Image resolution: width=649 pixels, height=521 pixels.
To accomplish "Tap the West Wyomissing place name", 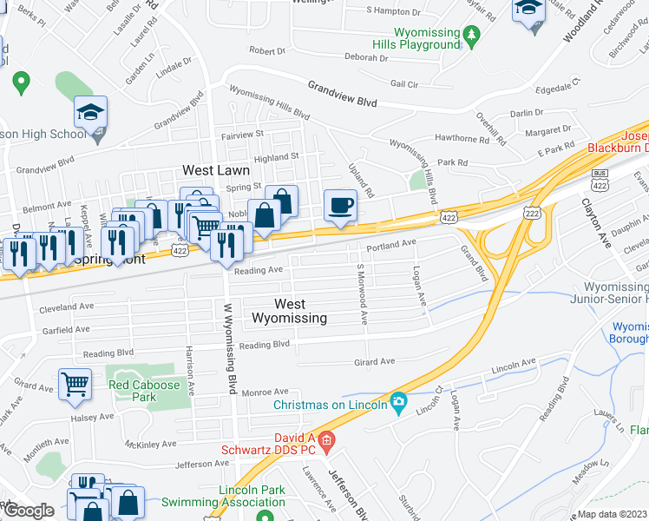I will (x=289, y=311).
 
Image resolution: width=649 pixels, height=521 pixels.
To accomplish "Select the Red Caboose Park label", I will (x=144, y=391).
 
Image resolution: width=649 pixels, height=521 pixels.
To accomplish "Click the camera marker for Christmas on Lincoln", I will (x=399, y=400).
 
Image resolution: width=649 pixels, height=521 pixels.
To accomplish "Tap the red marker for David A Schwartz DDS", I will (x=326, y=443).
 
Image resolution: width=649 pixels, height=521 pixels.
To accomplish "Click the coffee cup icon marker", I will (x=340, y=206).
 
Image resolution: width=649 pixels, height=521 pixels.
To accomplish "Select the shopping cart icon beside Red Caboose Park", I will (x=75, y=383).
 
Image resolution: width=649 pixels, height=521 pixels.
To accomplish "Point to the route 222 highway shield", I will (x=531, y=213).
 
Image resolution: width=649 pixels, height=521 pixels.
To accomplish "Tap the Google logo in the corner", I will (x=28, y=511).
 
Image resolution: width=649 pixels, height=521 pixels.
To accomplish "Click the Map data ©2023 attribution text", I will (x=612, y=514).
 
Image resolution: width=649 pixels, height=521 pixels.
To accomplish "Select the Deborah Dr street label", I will (x=365, y=58).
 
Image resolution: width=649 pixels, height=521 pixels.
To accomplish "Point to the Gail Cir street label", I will (x=404, y=84).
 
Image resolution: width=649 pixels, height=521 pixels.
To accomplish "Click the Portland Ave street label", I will (x=391, y=246).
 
